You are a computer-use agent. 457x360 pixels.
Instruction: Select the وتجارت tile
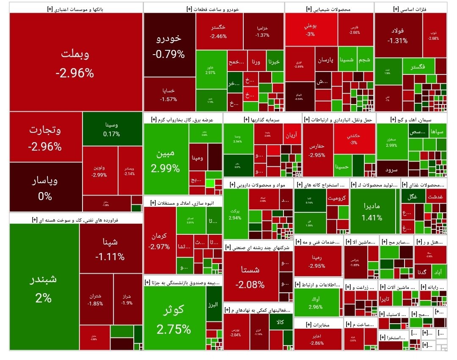click(x=45, y=137)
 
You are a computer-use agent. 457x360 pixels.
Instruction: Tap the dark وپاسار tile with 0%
click(x=45, y=187)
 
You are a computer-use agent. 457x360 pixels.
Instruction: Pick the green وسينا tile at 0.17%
click(x=112, y=129)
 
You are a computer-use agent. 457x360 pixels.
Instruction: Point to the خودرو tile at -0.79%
click(x=169, y=45)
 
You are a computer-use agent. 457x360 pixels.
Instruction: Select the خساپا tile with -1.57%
click(x=169, y=94)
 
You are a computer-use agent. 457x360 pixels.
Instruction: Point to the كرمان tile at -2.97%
click(x=160, y=240)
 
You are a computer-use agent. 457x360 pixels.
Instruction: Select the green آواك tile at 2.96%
click(x=316, y=302)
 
